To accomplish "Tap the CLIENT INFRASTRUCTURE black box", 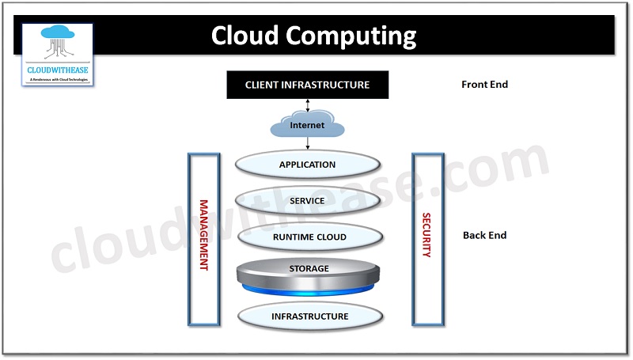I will click(x=307, y=85).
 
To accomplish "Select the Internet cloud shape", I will click(x=307, y=125).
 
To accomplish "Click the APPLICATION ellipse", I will click(x=307, y=165).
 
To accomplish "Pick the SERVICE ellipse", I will click(x=307, y=201).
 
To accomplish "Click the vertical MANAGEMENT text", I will click(x=203, y=236).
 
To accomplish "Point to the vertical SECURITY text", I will click(x=426, y=235).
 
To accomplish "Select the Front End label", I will click(x=484, y=85).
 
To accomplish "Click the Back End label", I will click(x=484, y=235).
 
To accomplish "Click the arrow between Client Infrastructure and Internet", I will click(x=308, y=105).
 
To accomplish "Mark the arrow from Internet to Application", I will click(x=308, y=143).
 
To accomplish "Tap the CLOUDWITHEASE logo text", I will click(x=58, y=70).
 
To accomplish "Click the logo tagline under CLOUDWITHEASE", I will click(x=58, y=79).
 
